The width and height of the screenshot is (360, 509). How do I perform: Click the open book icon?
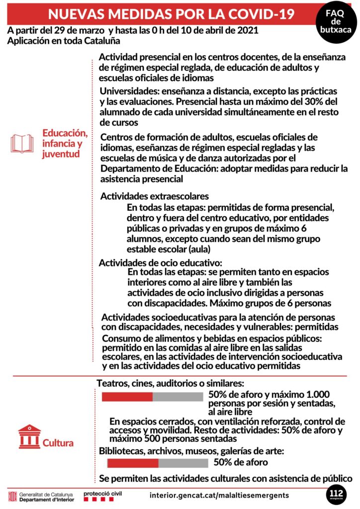pos(22,143)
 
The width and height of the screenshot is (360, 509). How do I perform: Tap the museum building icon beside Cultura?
pos(29,436)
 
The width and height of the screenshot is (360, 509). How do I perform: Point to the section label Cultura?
pos(58,443)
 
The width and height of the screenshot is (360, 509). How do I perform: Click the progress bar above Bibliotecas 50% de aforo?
pos(158,463)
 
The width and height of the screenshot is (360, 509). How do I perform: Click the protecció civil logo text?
pos(102,493)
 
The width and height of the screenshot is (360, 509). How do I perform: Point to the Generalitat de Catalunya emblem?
pos(12,496)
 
